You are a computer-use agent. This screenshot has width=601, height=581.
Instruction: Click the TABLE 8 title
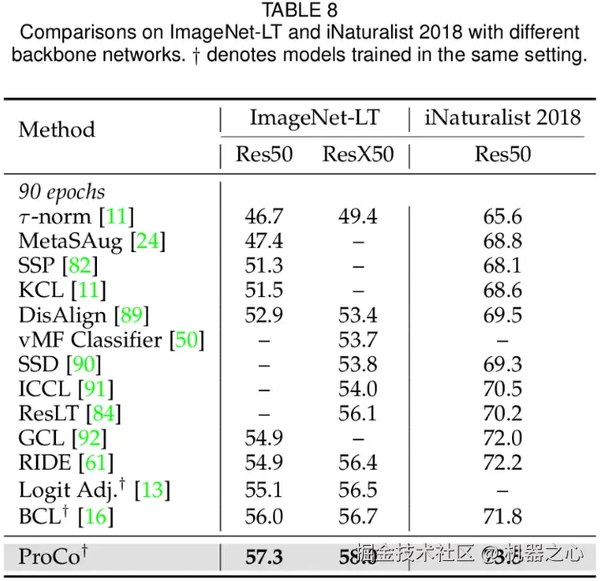300,10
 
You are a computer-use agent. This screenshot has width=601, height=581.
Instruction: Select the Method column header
56,130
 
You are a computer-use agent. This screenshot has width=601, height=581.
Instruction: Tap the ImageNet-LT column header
314,118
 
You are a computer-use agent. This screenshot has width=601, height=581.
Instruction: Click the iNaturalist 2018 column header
502,118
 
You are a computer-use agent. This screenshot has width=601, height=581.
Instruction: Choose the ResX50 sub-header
357,154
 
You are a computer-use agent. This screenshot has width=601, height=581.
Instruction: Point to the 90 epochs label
62,192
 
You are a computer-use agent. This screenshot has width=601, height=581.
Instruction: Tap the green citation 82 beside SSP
79,265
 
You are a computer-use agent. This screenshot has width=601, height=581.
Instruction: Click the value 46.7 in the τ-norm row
264,216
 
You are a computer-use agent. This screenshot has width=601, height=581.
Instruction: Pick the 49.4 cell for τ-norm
357,216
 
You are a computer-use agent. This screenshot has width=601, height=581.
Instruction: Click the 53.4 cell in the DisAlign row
357,315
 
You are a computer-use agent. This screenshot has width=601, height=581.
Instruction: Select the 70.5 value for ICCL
502,389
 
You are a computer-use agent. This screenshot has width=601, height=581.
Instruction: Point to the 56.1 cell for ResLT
357,414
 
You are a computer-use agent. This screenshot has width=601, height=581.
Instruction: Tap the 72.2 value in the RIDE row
502,463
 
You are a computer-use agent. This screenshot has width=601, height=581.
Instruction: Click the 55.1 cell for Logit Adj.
264,488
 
